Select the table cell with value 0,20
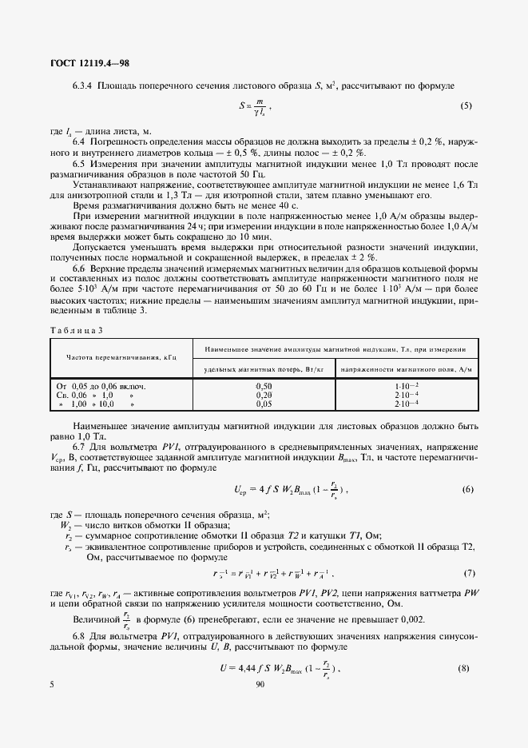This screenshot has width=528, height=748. (x=264, y=395)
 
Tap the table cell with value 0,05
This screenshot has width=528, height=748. (x=264, y=404)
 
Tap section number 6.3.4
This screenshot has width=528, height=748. (x=83, y=84)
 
